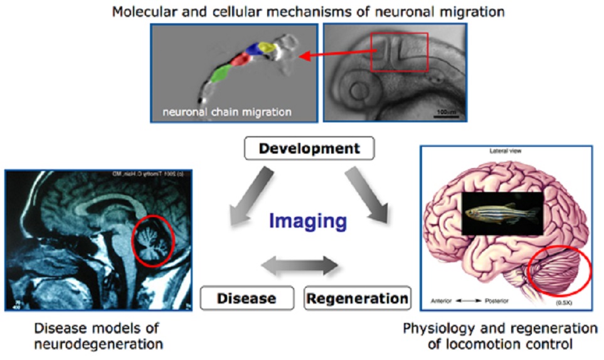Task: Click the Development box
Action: [x=310, y=149]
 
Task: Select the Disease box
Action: [x=247, y=298]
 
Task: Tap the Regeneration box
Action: [x=358, y=298]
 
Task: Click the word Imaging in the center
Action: [x=308, y=221]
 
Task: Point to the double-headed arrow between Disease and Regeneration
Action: [x=299, y=267]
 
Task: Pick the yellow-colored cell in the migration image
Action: [x=268, y=48]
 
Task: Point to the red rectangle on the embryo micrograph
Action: [x=399, y=53]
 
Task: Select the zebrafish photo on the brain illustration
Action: [x=502, y=213]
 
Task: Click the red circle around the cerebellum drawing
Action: [x=559, y=270]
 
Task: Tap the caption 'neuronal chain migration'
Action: [x=226, y=112]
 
